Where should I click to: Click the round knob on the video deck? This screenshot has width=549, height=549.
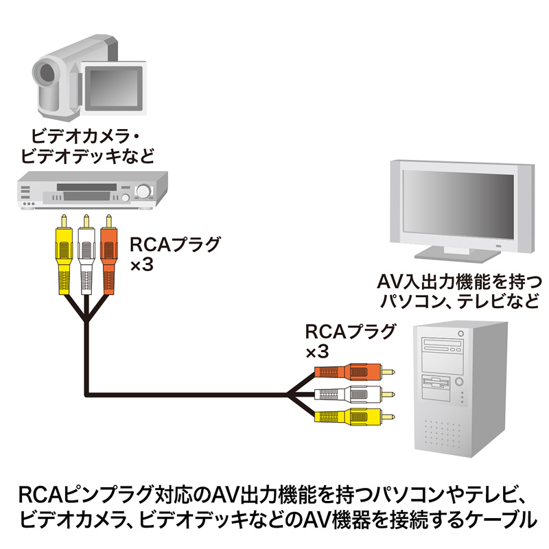143,191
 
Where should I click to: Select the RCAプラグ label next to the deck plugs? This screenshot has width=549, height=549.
167,245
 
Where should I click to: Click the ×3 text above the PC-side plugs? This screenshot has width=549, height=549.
316,352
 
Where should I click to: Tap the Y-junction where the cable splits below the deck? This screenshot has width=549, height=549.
86,320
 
